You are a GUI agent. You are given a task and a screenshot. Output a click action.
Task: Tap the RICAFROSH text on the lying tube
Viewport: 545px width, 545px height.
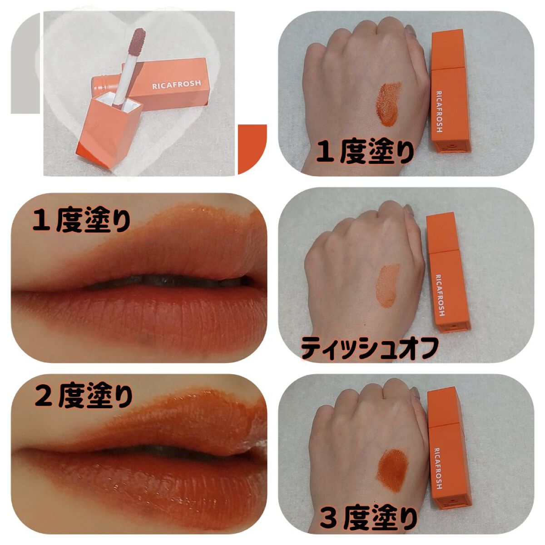tap(176, 84)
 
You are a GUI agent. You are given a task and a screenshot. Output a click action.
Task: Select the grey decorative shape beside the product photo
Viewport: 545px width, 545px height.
tap(25, 63)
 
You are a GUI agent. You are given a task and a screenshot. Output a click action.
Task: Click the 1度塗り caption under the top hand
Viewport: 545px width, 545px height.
tap(365, 153)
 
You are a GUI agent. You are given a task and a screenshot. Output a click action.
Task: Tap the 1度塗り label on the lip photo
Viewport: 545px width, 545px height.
tap(81, 219)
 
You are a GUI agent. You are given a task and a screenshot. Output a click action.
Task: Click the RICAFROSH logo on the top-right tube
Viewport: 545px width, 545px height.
tap(439, 111)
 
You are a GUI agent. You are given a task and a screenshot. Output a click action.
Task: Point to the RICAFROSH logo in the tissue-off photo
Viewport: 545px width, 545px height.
tap(440, 295)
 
